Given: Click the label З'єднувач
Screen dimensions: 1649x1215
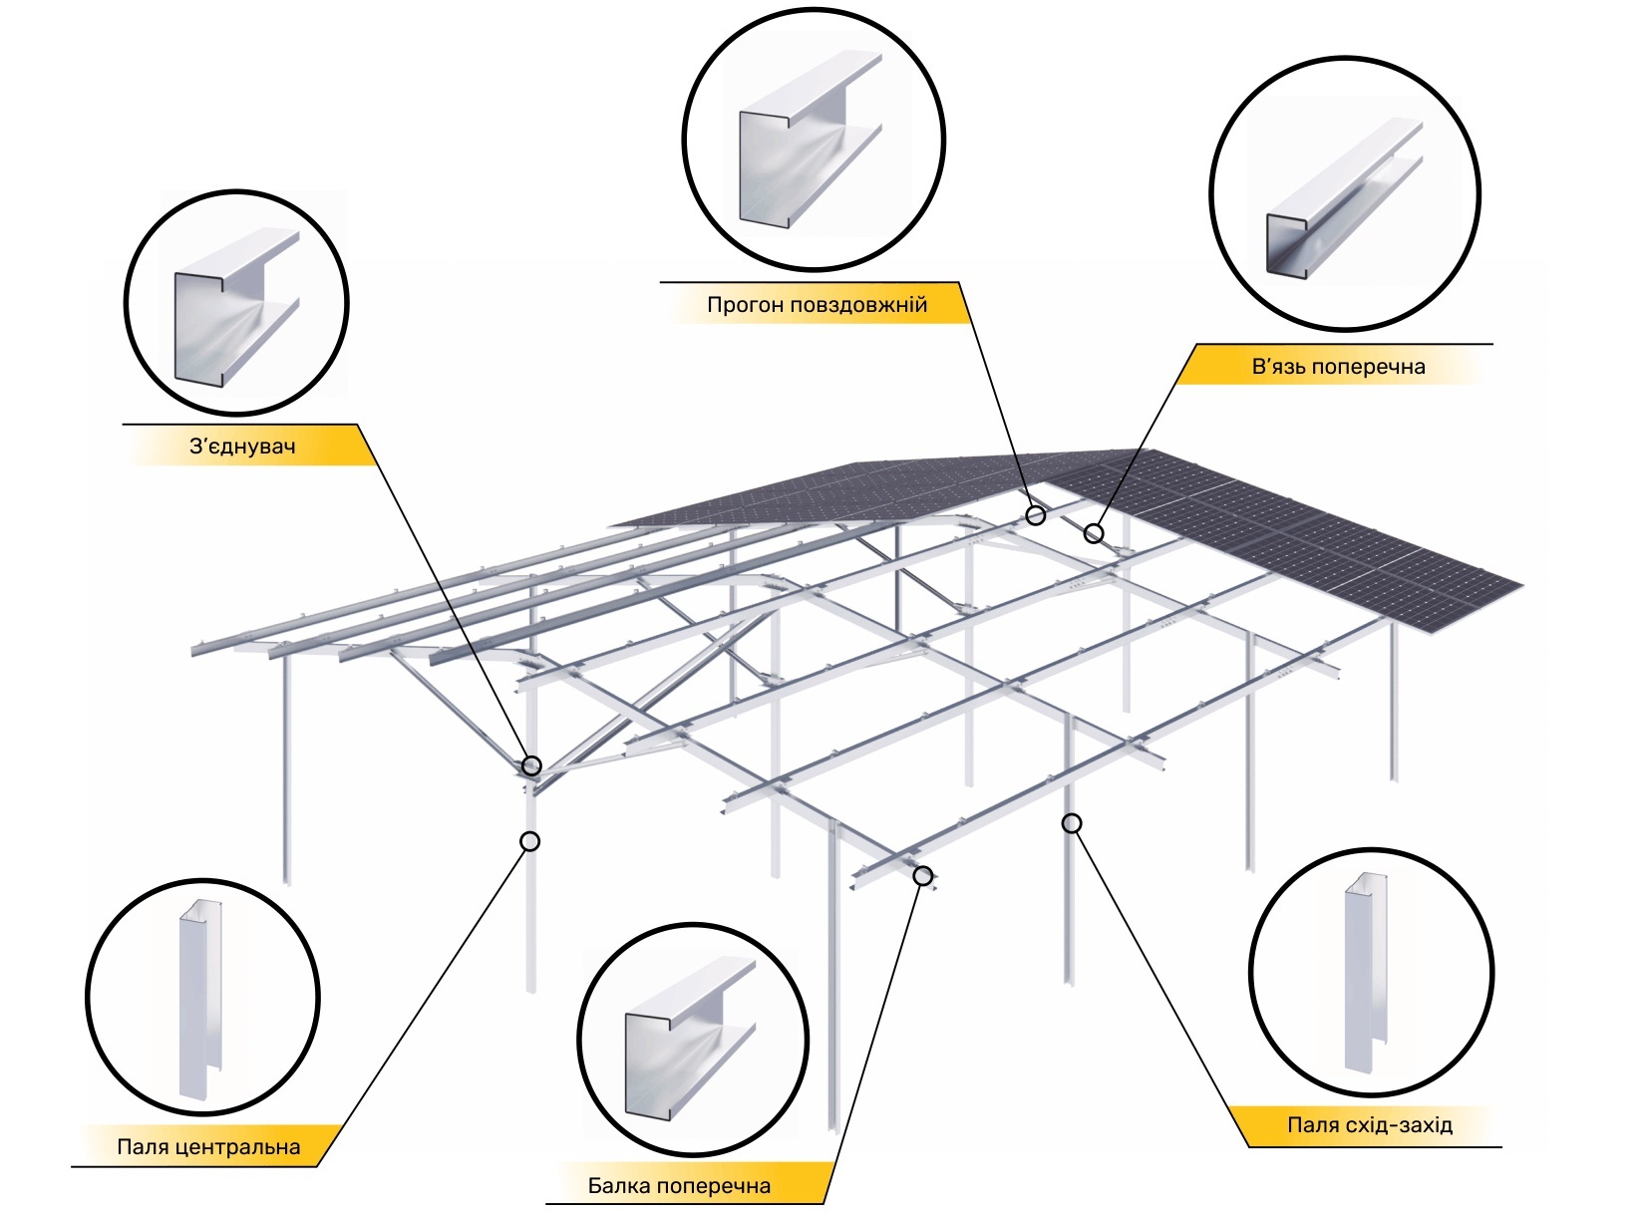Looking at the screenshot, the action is [242, 447].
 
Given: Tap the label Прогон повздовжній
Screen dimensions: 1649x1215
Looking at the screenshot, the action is [818, 305].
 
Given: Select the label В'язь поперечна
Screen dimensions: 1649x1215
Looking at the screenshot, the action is [1338, 367].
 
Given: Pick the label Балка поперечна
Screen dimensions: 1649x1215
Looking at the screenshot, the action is [679, 1185].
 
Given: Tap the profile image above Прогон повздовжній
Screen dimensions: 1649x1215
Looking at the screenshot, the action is [811, 140].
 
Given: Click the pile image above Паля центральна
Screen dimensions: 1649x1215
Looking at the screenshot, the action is [200, 1000].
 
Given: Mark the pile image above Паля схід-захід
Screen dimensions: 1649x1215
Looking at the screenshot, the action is [1366, 972].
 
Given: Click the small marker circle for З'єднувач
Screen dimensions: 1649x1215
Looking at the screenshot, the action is [531, 765].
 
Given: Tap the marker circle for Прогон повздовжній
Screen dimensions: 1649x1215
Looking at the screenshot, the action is [1036, 515].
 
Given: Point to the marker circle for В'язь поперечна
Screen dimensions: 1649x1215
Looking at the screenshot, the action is [1094, 533].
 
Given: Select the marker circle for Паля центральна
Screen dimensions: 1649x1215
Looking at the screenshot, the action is [530, 841].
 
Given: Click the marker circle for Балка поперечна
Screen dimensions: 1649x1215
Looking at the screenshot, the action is [923, 876].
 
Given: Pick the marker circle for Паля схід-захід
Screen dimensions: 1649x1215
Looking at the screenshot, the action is [1072, 823].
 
